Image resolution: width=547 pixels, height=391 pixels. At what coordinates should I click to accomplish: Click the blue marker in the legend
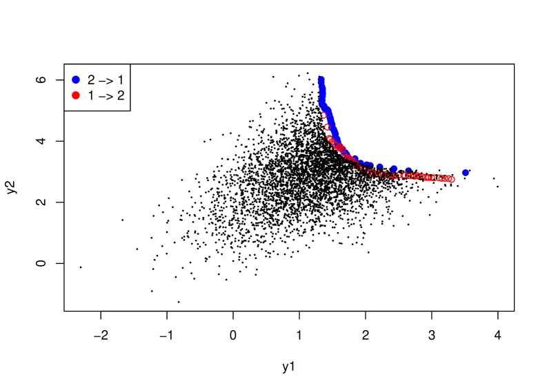(x=76, y=79)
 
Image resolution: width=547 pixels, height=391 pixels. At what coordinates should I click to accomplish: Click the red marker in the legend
(x=76, y=95)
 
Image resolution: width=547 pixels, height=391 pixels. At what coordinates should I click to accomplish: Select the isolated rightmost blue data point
(x=465, y=173)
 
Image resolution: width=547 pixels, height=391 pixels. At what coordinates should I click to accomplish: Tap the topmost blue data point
(x=321, y=79)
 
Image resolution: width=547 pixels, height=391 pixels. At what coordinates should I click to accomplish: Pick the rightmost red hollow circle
(x=451, y=180)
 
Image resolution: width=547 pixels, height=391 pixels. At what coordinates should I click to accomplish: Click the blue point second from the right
(x=408, y=170)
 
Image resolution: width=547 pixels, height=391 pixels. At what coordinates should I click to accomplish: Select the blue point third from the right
(x=394, y=169)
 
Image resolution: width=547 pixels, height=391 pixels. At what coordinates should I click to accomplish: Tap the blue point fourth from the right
(x=379, y=166)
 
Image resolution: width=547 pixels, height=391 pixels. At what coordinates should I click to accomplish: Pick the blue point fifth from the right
(x=370, y=165)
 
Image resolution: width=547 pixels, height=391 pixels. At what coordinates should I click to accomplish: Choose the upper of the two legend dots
(x=76, y=79)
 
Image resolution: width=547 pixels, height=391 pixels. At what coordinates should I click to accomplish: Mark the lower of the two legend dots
(x=76, y=95)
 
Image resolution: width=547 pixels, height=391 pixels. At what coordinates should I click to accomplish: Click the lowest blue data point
(x=465, y=173)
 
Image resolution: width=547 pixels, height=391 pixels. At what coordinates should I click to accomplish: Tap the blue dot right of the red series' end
(x=465, y=173)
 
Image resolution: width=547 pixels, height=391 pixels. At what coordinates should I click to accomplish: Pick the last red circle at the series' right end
(x=451, y=180)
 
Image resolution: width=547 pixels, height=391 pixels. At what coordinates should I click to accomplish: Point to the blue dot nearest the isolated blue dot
(x=408, y=170)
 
